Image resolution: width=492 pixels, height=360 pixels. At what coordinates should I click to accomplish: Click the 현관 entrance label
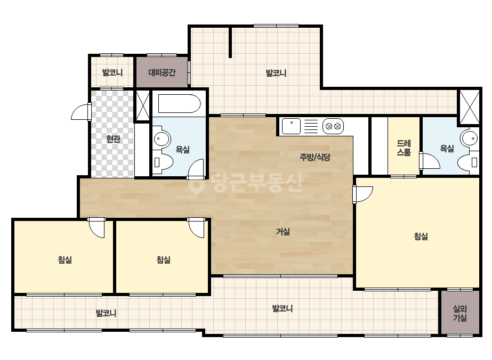click(x=114, y=138)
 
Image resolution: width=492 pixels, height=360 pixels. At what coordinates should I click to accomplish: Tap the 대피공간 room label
click(x=162, y=73)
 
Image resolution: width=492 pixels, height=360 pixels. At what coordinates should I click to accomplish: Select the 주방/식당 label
click(x=315, y=157)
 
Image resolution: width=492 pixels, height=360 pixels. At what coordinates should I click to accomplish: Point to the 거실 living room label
click(x=283, y=232)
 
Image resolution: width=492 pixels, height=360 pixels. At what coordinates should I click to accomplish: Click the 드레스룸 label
click(x=404, y=148)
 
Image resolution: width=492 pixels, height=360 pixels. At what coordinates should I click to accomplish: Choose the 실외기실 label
click(x=460, y=314)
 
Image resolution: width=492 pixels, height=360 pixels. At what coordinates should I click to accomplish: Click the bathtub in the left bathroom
click(x=179, y=103)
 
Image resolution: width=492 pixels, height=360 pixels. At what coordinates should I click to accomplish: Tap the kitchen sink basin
click(x=291, y=126)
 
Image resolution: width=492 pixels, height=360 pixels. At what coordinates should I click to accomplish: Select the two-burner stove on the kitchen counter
click(x=333, y=126)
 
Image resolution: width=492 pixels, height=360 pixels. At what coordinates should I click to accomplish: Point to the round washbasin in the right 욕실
click(x=470, y=138)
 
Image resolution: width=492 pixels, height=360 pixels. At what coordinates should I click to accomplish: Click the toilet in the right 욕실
click(x=468, y=162)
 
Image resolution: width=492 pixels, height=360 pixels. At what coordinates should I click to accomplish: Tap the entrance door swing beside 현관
click(x=81, y=112)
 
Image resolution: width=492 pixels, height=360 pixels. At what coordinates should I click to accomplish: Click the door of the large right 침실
click(x=362, y=194)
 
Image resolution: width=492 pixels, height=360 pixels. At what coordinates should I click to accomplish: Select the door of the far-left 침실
click(x=96, y=228)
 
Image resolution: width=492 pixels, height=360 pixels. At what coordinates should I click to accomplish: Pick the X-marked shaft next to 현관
click(x=142, y=105)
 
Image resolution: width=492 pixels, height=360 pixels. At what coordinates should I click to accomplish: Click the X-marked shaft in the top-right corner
click(x=470, y=107)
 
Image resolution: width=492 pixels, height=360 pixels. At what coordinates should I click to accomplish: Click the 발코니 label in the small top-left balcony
click(x=112, y=73)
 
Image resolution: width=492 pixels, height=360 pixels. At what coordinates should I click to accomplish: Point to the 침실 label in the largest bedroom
click(x=421, y=236)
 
